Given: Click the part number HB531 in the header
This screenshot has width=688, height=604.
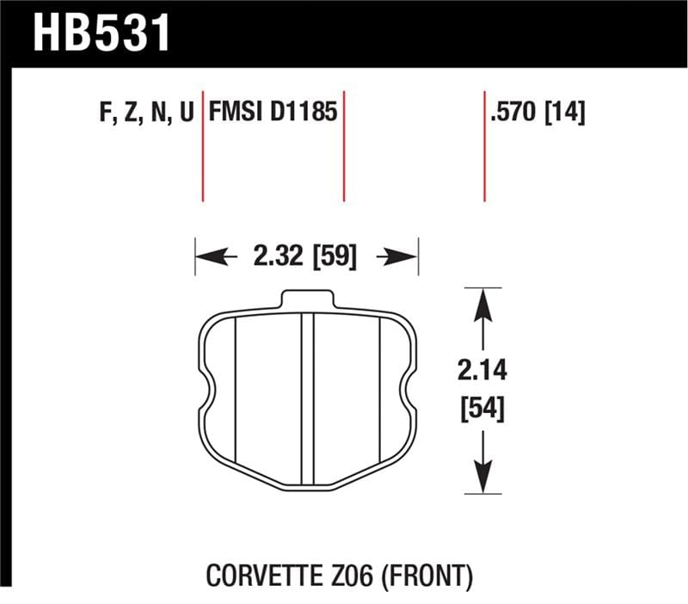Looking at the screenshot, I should pyautogui.click(x=102, y=32).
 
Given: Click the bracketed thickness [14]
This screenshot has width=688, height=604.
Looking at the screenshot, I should pyautogui.click(x=563, y=114).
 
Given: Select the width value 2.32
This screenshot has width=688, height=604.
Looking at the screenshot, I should pyautogui.click(x=278, y=256).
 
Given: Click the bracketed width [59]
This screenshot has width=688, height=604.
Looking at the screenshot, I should pyautogui.click(x=335, y=256).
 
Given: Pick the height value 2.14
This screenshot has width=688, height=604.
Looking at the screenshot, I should pyautogui.click(x=482, y=372).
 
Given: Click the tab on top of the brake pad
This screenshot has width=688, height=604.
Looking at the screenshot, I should pyautogui.click(x=307, y=298).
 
